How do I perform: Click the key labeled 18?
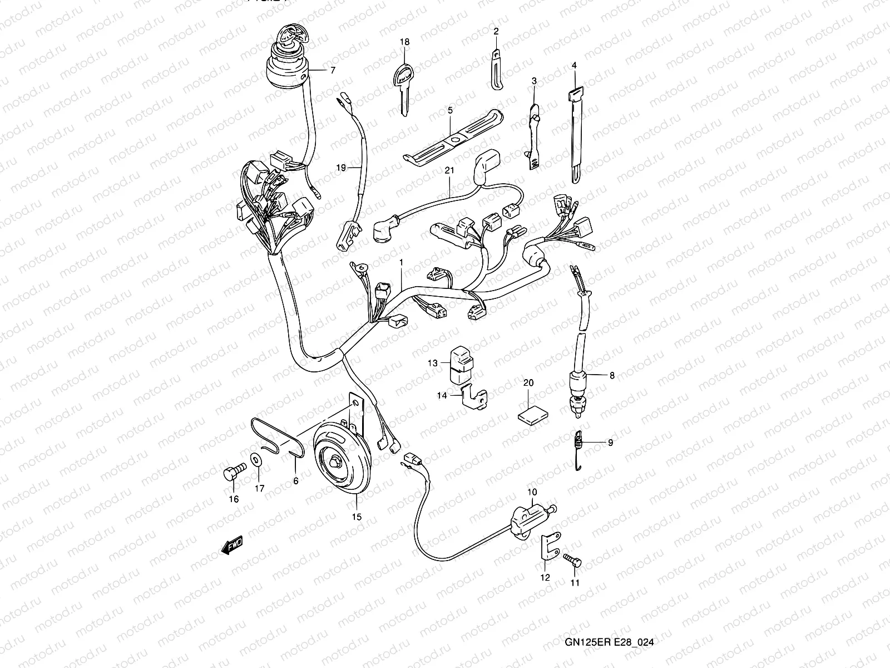point(403,83)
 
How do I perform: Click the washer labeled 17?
point(257,461)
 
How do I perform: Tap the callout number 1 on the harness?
point(400,261)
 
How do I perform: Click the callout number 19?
point(341,167)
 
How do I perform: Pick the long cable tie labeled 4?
point(574,134)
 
